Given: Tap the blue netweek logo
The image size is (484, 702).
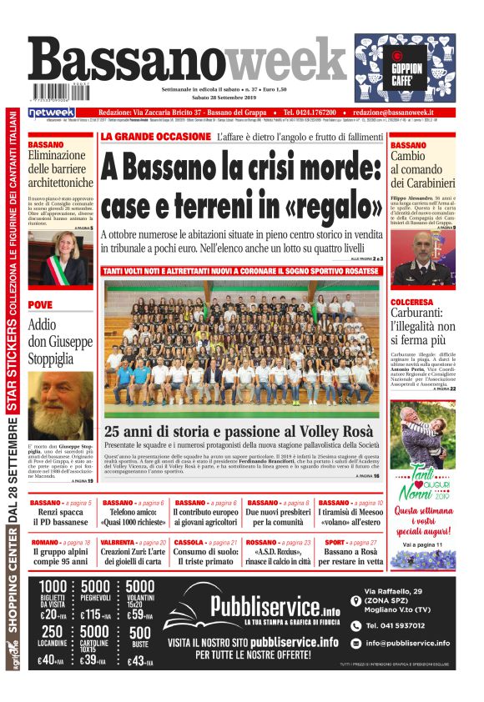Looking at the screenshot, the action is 52,113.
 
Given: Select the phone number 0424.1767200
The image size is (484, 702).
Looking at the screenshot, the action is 310,113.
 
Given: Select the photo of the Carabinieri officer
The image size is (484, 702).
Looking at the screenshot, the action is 422,253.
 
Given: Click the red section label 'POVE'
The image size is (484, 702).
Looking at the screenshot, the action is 40,304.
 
